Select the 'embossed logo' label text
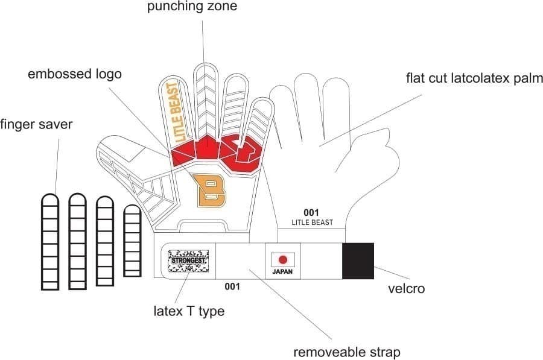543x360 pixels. (75, 74)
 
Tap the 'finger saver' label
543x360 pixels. (36, 125)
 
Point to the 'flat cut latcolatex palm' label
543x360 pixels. (475, 78)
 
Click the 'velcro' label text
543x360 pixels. (405, 288)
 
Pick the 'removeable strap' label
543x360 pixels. (347, 352)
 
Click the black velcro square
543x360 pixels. (358, 261)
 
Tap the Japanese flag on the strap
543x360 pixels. (282, 259)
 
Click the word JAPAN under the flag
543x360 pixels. (282, 272)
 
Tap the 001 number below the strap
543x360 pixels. (232, 286)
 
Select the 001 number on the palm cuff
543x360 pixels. (311, 212)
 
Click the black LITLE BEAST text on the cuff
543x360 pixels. (312, 223)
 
